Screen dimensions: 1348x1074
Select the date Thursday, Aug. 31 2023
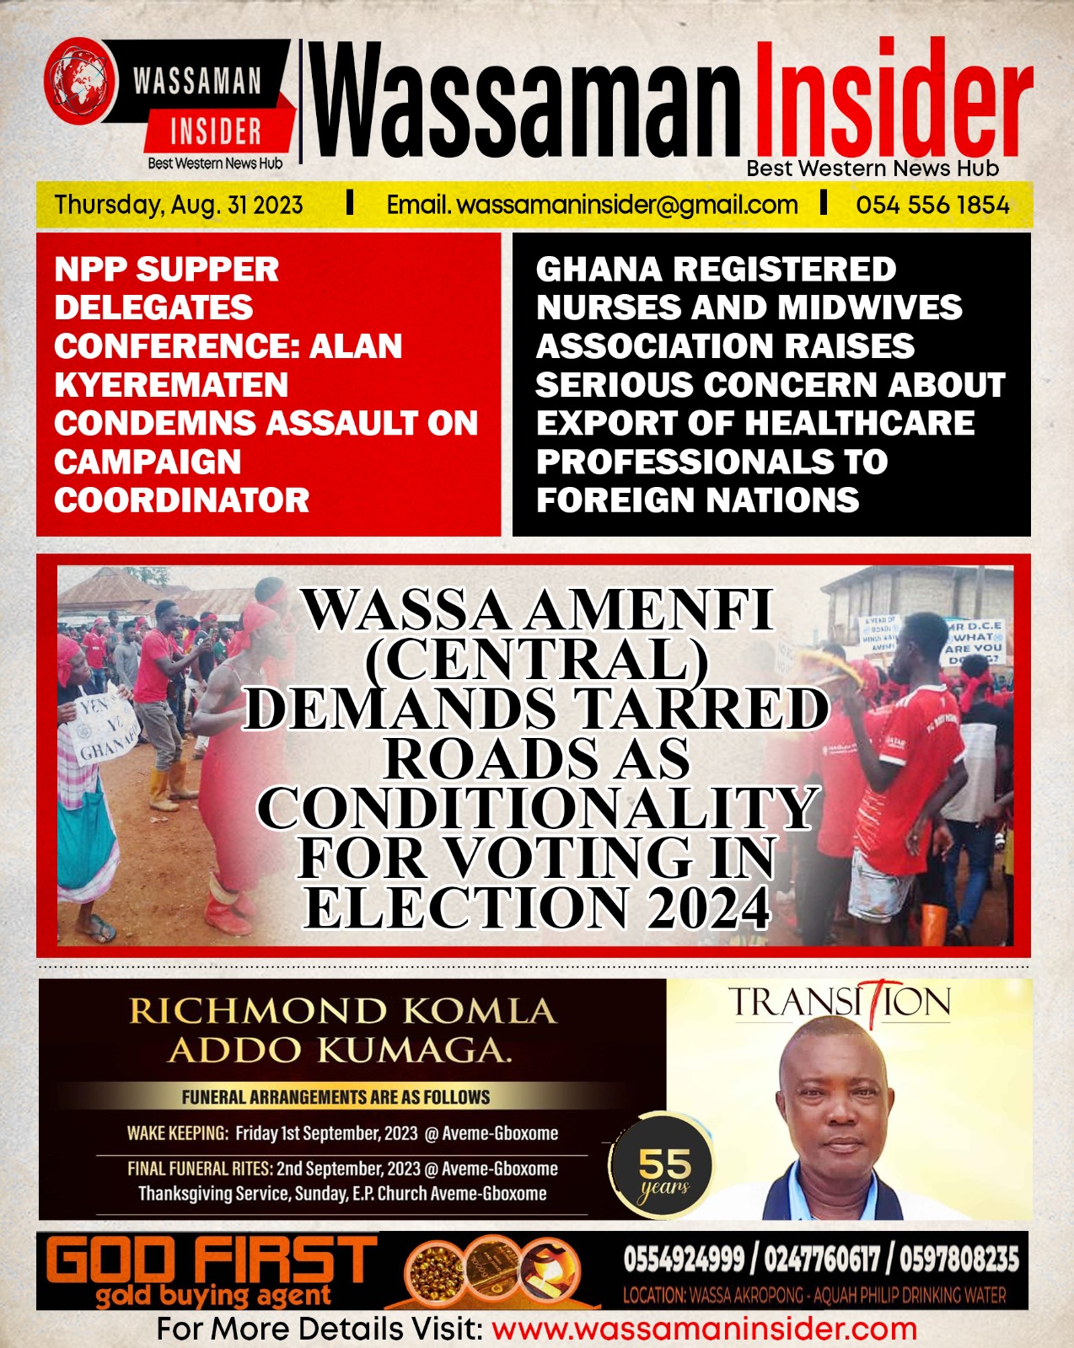coord(179,205)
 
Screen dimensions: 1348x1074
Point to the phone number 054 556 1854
coord(932,205)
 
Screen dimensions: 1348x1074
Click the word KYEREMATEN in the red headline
coord(171,385)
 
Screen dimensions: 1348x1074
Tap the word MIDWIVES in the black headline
coord(869,308)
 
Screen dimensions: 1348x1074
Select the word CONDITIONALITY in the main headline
coord(537,808)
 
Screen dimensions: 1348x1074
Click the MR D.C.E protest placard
coord(974,642)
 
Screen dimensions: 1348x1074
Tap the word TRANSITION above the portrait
coord(840,1003)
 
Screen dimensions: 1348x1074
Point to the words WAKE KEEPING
coord(177,1133)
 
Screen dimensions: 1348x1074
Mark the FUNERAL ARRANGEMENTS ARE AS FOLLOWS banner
coord(336,1097)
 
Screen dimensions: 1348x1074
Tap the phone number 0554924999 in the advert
coord(684,1260)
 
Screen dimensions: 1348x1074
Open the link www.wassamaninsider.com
coord(704,1329)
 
